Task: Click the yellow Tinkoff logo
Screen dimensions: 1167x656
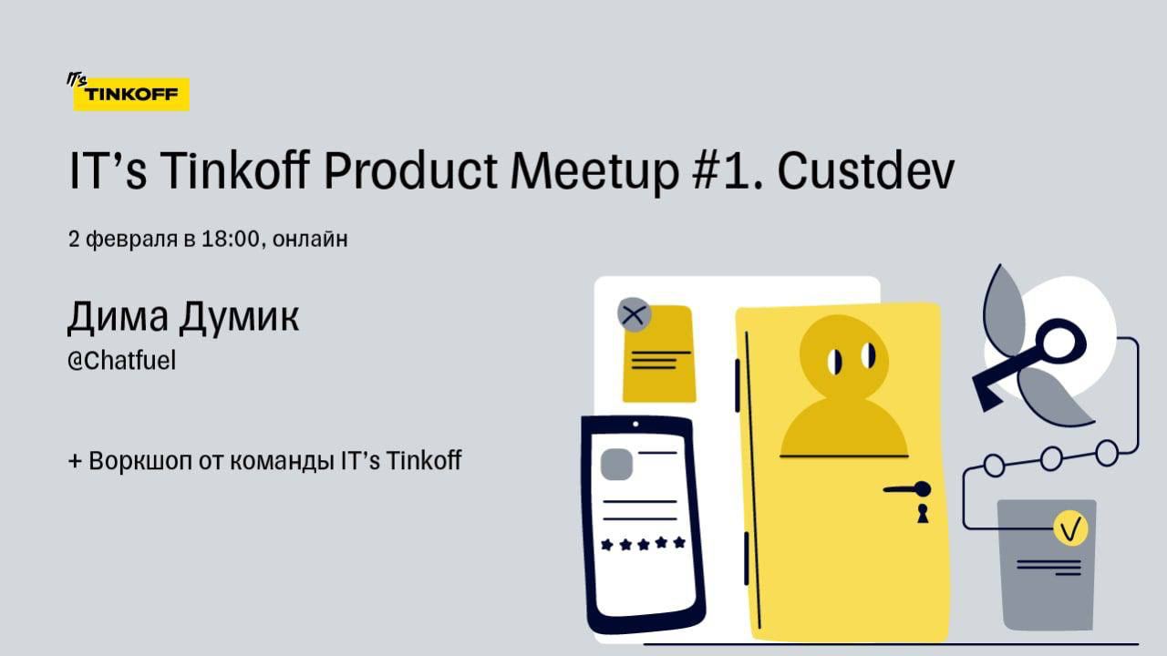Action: click(x=129, y=93)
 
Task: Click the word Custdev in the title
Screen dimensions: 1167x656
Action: click(x=866, y=170)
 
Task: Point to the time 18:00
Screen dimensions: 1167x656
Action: click(x=230, y=239)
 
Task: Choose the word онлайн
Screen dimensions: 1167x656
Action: click(x=310, y=240)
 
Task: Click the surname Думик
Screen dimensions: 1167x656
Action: click(x=239, y=316)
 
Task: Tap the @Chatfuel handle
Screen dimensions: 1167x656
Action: click(x=121, y=360)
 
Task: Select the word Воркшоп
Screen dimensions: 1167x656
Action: click(x=140, y=461)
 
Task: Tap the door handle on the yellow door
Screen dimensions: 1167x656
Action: click(x=907, y=489)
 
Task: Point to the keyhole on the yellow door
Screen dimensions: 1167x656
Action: click(x=923, y=513)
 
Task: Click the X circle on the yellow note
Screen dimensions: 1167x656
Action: click(x=634, y=314)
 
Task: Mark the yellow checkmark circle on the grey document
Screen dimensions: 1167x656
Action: click(x=1070, y=528)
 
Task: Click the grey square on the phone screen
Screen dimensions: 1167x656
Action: click(x=616, y=465)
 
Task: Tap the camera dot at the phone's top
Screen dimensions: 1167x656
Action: click(x=635, y=425)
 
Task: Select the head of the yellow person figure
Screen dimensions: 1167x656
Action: click(x=844, y=357)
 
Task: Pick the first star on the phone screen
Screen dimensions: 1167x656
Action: click(x=607, y=545)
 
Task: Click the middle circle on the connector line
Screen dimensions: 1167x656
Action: click(x=1051, y=458)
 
